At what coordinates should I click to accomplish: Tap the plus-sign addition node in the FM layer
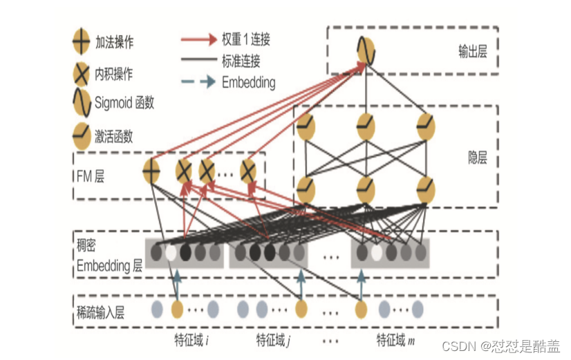click(x=151, y=170)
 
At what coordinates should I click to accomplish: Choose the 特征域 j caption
click(x=273, y=340)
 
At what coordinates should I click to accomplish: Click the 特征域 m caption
click(x=394, y=340)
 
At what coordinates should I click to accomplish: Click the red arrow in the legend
click(x=200, y=39)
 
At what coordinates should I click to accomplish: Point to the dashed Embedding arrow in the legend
click(x=200, y=82)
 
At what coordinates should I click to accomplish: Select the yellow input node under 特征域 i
click(x=176, y=308)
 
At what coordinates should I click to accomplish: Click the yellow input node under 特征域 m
click(x=361, y=308)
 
